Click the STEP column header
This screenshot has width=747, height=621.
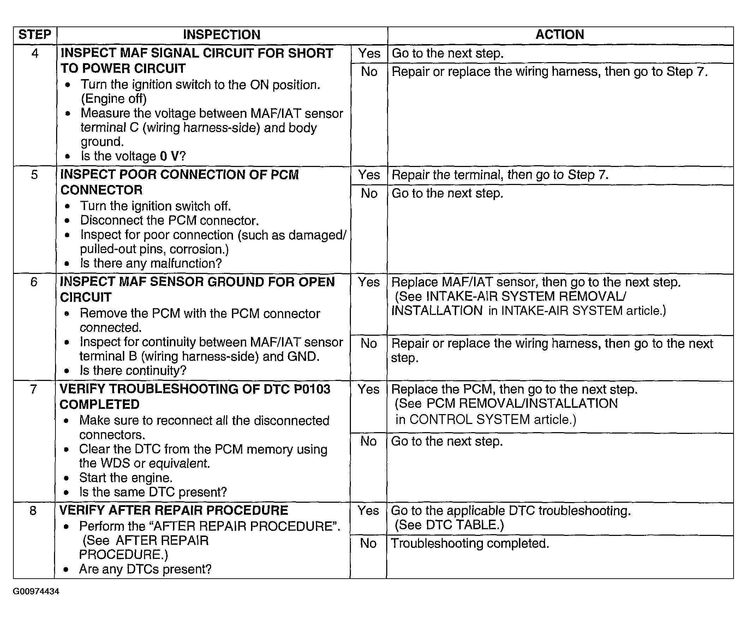(x=35, y=35)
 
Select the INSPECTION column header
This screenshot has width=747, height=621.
(x=222, y=35)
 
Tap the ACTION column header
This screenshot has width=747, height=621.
(x=560, y=35)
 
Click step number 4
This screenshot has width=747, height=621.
(x=35, y=53)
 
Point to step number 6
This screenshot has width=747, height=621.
(x=34, y=282)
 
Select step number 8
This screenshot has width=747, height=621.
(x=33, y=511)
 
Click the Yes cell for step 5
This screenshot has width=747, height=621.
(x=369, y=175)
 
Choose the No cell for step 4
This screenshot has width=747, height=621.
(x=369, y=72)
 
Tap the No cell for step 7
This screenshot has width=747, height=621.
(x=368, y=441)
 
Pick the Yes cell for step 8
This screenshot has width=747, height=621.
(x=368, y=511)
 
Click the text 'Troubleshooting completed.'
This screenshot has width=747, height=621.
(x=470, y=543)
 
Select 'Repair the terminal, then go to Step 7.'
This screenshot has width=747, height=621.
(x=500, y=175)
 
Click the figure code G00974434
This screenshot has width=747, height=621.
(x=36, y=591)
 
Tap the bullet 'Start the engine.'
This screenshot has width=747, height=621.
(x=126, y=478)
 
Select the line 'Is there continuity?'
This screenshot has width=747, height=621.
(x=133, y=371)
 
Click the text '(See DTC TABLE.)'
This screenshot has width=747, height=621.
(x=449, y=525)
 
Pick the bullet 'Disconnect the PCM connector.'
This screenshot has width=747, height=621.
(x=169, y=221)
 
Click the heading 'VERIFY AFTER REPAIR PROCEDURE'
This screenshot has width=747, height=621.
(x=174, y=510)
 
